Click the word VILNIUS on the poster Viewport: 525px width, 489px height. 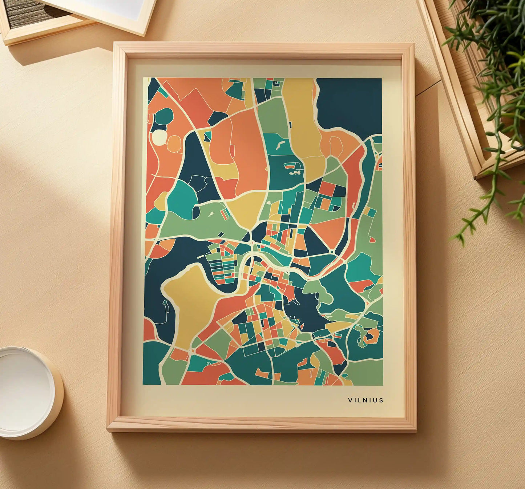tap(366, 400)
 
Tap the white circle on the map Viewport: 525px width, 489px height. tap(159, 137)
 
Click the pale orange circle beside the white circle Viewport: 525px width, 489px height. tap(174, 143)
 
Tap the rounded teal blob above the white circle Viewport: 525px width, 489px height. tap(164, 116)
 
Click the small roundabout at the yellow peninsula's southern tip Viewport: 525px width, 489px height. tap(191, 350)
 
